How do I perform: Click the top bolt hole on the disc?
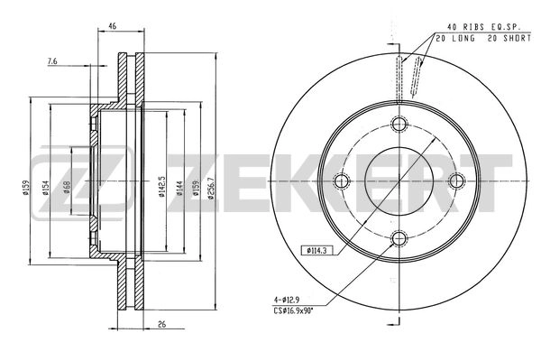point(399,125)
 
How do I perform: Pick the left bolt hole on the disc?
point(341,181)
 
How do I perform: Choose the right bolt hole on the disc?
point(455,181)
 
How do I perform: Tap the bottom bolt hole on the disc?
point(399,238)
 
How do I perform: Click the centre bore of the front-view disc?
point(399,181)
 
